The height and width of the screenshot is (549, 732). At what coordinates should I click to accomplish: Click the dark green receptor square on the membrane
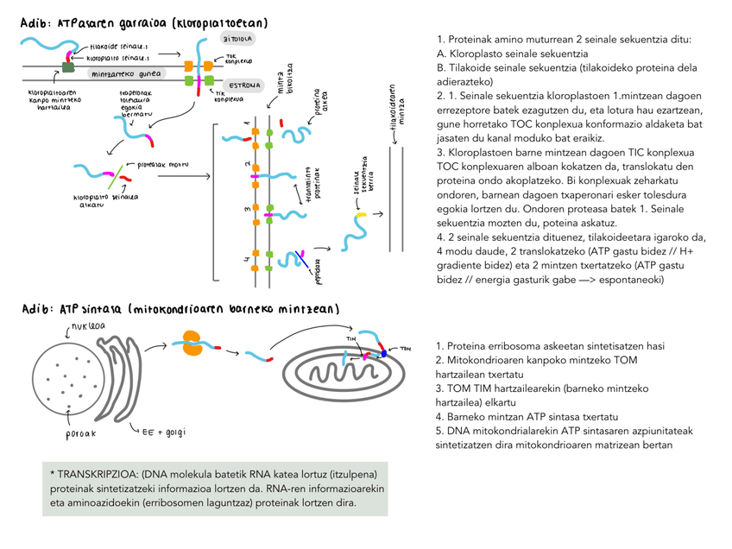pos(68,66)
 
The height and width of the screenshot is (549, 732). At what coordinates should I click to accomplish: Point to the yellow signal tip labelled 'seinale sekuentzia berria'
pos(363,213)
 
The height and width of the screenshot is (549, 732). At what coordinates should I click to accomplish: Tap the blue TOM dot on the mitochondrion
pos(383,353)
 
